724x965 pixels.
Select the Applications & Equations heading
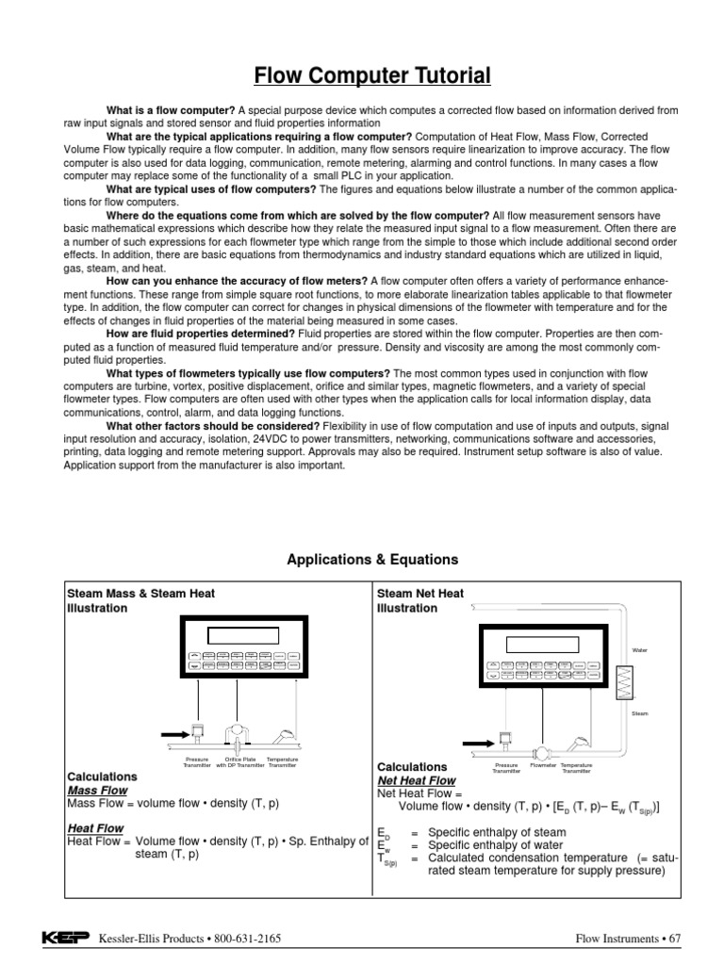click(371, 559)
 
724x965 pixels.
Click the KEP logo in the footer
click(67, 938)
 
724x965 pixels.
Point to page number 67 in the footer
click(672, 939)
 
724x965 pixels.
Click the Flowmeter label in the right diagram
click(543, 766)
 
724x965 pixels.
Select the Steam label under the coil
click(641, 713)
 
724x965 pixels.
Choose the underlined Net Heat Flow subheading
click(416, 780)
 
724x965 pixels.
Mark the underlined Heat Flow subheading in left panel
click(95, 827)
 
